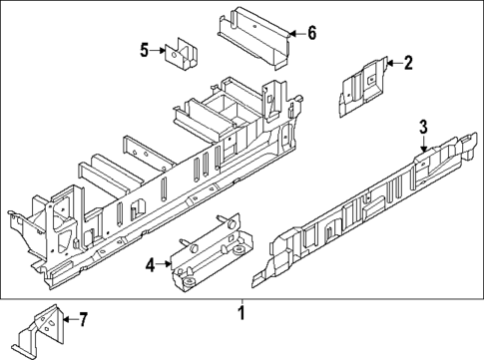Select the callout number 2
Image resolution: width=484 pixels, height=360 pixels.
pos(408,63)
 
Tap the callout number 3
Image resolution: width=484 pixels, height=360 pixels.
pos(422,126)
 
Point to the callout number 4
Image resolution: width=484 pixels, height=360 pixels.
pos(149,265)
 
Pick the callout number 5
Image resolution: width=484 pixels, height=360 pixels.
pos(144,50)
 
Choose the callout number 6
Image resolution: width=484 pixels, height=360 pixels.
pos(311,33)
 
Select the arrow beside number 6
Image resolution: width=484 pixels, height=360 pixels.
pos(295,33)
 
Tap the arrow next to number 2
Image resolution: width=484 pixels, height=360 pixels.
pos(393,63)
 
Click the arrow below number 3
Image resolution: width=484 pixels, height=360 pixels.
pos(422,144)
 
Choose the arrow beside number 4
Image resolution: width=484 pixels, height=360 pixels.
pos(164,265)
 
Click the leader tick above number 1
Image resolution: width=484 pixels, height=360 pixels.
pos(241,301)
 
